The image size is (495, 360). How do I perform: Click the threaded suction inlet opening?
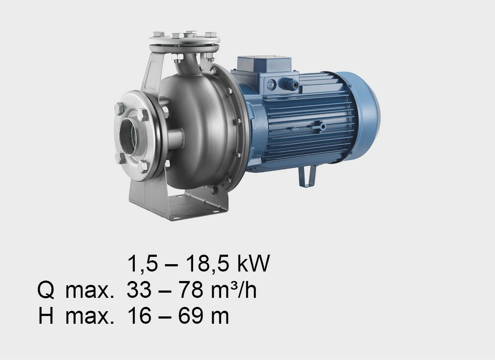point(128,136)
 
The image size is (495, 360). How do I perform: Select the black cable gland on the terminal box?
point(291,84)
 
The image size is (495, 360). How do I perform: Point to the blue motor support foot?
point(307,177)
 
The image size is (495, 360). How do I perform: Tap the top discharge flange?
point(184,41)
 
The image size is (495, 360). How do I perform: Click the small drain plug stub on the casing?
point(175,139)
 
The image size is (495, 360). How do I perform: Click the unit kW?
point(254,263)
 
